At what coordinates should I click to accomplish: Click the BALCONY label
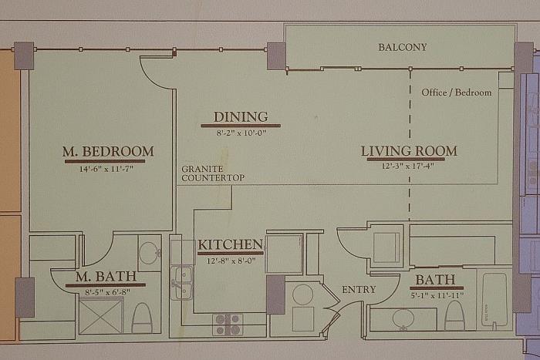coord(403,47)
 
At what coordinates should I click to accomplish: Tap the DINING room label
coord(241,117)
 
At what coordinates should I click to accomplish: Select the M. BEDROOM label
coord(108,151)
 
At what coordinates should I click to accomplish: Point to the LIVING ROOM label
coord(409,151)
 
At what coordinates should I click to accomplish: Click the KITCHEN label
coord(231,244)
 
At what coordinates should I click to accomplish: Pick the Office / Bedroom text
coord(457,93)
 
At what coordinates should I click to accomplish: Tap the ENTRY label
coord(359,290)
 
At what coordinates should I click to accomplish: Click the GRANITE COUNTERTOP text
coord(213,173)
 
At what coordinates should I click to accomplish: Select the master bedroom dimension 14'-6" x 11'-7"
coord(106,169)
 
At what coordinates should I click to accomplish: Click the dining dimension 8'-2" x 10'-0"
coord(241,133)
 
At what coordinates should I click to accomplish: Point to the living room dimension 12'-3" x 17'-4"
coord(408,166)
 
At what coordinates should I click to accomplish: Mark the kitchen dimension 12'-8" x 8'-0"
coord(231,261)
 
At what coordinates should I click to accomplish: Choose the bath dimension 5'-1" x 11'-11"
coord(437,295)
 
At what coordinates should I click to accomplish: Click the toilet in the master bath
coord(142,318)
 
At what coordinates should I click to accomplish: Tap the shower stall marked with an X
coord(101,316)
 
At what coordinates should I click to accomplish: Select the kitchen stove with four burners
coord(228,325)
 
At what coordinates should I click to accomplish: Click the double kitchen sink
coord(182,283)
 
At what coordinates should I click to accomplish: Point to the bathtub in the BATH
coord(494,300)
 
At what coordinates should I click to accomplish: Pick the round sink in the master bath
coord(150,253)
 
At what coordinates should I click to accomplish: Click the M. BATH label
coord(106,277)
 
